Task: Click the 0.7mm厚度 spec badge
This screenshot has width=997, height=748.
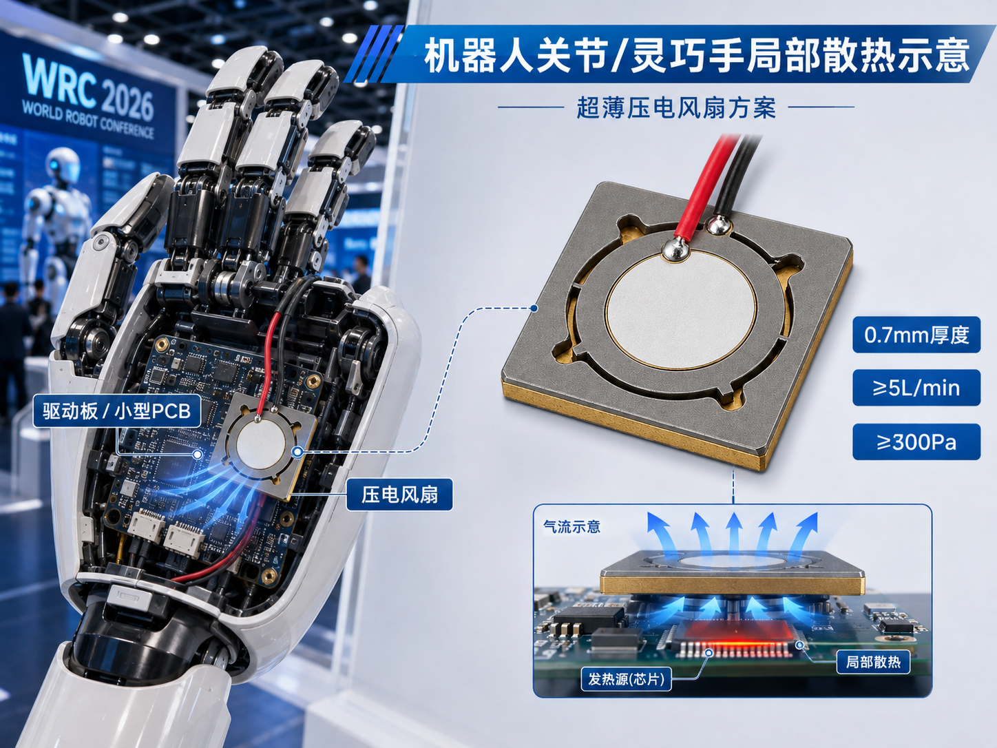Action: pos(916,335)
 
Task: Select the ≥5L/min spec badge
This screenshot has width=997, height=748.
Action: pos(916,388)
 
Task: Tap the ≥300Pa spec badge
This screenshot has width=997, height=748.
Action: pos(916,442)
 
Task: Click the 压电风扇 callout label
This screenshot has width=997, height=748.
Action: pos(400,495)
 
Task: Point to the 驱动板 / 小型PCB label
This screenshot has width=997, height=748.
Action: pos(117,411)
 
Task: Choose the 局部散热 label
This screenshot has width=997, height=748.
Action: pos(873,662)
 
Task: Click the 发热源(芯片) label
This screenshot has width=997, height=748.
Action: pos(627,679)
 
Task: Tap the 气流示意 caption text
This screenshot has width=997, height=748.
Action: pos(572,527)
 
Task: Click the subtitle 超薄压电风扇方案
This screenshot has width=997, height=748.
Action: pos(676,108)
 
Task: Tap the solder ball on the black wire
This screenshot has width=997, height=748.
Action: pos(717,225)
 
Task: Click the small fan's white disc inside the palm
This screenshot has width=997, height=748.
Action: pos(261,444)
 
